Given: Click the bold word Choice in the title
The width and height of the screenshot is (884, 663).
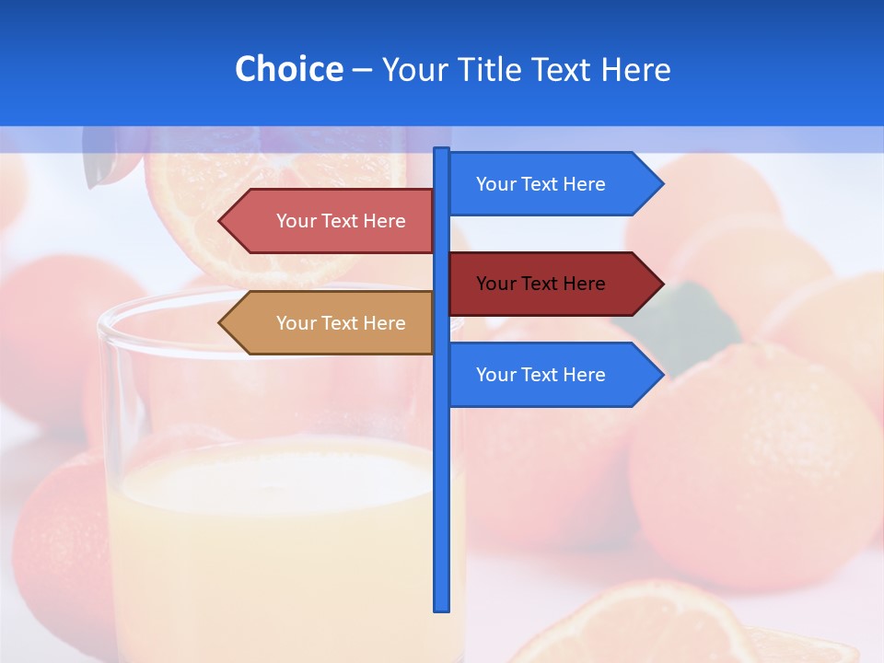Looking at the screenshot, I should (288, 69).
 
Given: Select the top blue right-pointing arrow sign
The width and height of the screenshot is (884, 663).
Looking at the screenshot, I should (552, 184).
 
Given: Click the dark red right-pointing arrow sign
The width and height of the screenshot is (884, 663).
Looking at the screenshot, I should (552, 284).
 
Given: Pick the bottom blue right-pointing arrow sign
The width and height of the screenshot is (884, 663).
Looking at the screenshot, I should (552, 375).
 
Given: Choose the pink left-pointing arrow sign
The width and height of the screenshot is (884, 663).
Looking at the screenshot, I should (331, 221).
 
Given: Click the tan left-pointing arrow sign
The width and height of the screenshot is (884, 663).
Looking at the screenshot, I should (331, 323).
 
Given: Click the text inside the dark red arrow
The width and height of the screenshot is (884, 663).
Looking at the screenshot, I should (541, 284).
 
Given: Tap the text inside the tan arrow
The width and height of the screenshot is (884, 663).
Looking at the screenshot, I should (341, 323).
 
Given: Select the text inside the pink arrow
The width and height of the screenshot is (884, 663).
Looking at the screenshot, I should (341, 221).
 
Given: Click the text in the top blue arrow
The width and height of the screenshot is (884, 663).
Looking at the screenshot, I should (541, 184).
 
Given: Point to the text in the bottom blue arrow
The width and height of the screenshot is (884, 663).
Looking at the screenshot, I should (541, 375).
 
